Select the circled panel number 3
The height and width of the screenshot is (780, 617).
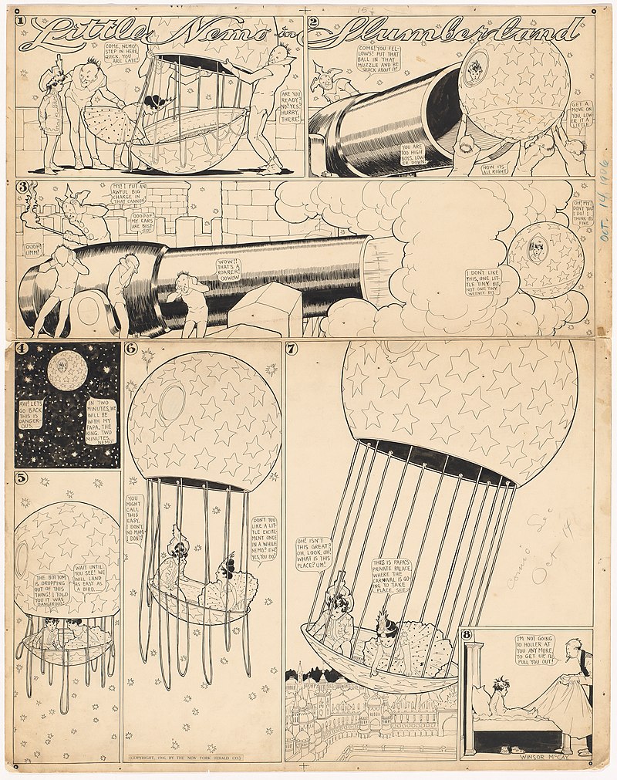24,187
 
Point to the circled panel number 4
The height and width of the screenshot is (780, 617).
23,349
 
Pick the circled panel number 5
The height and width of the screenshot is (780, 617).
22,478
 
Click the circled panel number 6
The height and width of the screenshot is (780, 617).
130,349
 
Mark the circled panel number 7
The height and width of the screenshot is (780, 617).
291,349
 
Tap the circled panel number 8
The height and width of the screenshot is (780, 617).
467,636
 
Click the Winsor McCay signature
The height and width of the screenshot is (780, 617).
558,755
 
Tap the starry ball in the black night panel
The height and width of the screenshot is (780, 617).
67,371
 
